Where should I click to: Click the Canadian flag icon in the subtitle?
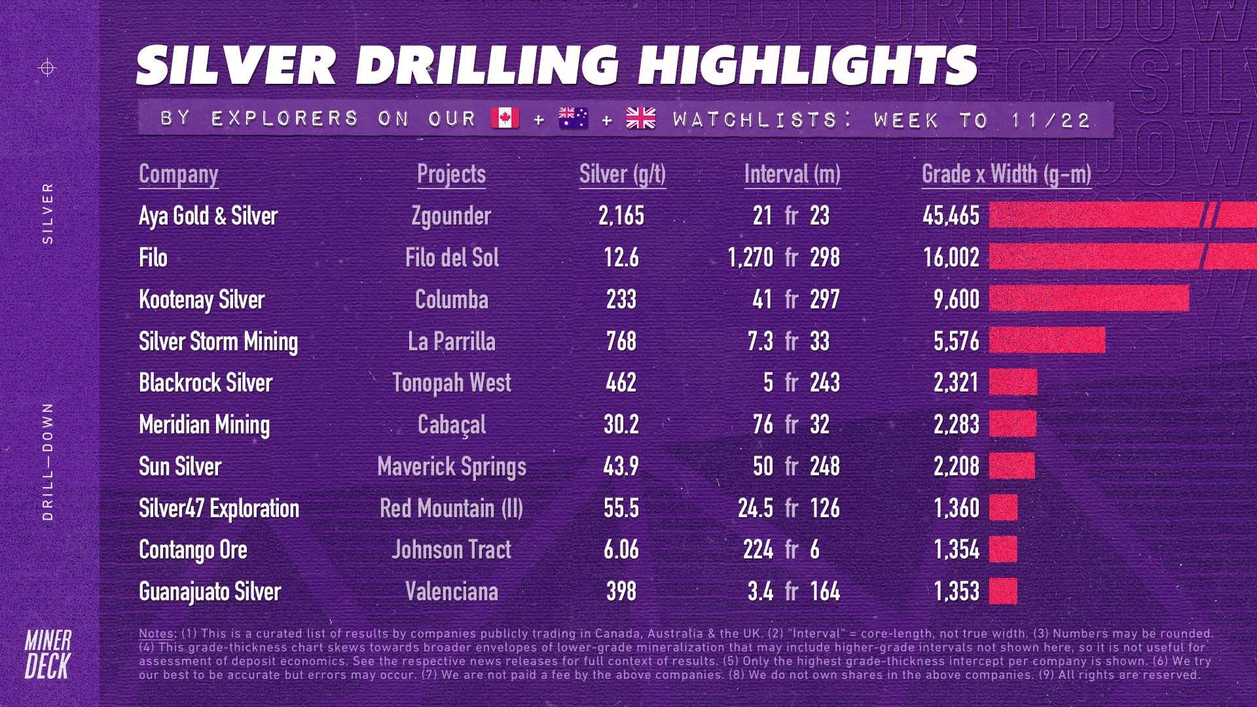[505, 118]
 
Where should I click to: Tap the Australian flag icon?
[574, 118]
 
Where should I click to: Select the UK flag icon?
[640, 118]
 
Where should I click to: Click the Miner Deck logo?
[48, 655]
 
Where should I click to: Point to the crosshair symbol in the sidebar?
[48, 67]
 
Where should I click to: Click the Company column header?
[178, 174]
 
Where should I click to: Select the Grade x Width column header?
[1006, 174]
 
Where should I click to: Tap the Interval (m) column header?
[792, 174]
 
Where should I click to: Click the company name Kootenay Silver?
[202, 300]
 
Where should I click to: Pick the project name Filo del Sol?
[452, 258]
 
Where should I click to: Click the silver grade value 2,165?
[621, 216]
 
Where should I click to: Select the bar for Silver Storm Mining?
[1047, 340]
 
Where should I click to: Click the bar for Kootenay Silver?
[1089, 299]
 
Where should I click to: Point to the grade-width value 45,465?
[951, 216]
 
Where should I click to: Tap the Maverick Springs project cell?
[452, 467]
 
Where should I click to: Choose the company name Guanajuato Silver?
[209, 592]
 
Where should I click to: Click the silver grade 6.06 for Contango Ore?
[621, 550]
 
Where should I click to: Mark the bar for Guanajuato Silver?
[1003, 591]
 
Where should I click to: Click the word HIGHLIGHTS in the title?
[808, 65]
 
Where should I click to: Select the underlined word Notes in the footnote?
[156, 634]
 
